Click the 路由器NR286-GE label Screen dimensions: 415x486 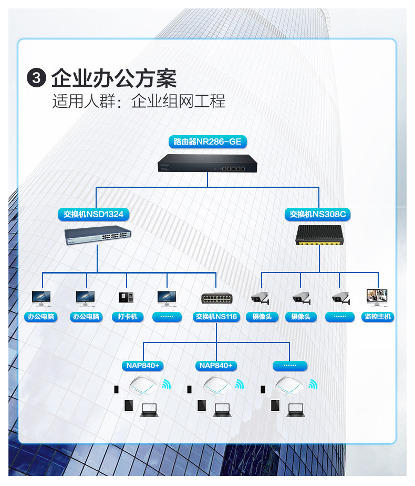coord(207,141)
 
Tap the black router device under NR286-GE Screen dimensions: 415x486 coord(207,163)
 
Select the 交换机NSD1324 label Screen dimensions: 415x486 coord(93,214)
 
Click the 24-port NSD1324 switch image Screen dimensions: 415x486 coord(98,235)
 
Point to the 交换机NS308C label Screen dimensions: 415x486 coord(317,214)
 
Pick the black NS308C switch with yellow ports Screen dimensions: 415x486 coord(320,235)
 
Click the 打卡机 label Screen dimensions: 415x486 coord(128,317)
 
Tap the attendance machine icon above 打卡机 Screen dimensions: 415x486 coord(126,297)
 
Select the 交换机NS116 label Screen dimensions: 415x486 coord(216,317)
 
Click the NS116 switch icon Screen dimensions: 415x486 coord(216,298)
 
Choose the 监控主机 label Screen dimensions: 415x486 coord(378,317)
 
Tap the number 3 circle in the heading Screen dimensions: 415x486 coord(36,77)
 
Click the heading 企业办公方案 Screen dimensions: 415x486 coord(114,78)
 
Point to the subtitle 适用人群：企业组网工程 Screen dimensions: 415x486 coord(139,102)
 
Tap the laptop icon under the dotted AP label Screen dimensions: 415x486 coord(295,410)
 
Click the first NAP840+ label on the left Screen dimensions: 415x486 coord(143,366)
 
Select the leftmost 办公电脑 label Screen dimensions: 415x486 coord(41,317)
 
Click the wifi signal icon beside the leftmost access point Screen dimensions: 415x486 coord(167,384)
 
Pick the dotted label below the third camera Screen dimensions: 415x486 coord(340,317)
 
